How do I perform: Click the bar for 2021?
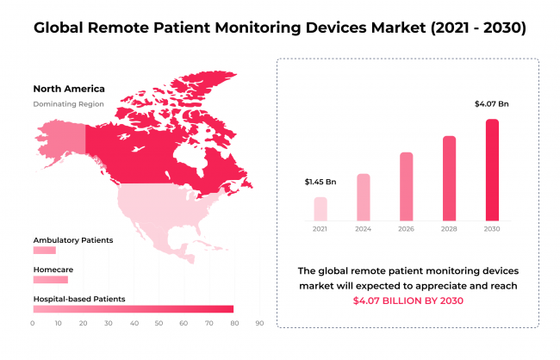click(x=320, y=208)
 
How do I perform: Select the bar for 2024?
click(x=363, y=197)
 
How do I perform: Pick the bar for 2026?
click(x=406, y=186)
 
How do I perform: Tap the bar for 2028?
click(x=449, y=177)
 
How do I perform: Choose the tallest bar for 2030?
click(x=492, y=170)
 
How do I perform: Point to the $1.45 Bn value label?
click(x=320, y=183)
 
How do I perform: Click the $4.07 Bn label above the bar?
click(x=492, y=104)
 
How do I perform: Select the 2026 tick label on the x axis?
click(x=406, y=229)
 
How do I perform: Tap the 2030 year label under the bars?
click(x=492, y=229)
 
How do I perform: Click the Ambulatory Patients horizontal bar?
click(x=44, y=251)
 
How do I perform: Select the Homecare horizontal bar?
click(x=50, y=280)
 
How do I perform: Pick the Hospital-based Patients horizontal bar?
click(x=133, y=309)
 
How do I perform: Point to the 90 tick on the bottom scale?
click(x=259, y=324)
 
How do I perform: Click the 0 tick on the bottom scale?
click(x=33, y=324)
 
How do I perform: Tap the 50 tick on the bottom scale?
click(x=159, y=324)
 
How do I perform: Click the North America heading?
click(x=68, y=89)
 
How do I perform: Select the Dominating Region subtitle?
click(x=68, y=104)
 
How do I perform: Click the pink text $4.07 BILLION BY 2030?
click(x=408, y=301)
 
